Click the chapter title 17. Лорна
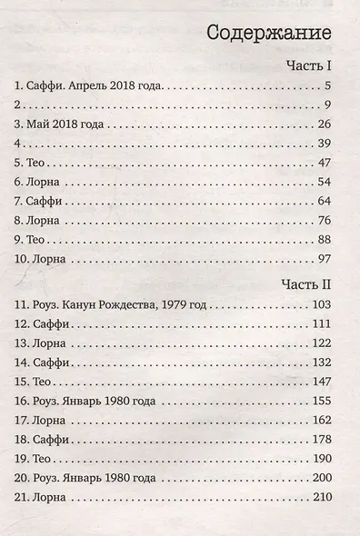[43, 422]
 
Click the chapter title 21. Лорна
[43, 500]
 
